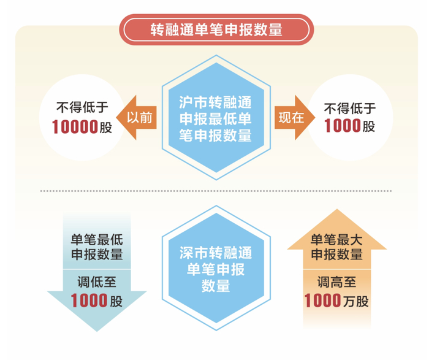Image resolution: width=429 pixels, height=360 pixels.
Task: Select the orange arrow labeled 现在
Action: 293,117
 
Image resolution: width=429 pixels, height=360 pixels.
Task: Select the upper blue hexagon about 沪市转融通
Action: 215,117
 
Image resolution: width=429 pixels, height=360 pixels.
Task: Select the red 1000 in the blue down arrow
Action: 89,301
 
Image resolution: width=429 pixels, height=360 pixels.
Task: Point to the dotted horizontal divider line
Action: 214,191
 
